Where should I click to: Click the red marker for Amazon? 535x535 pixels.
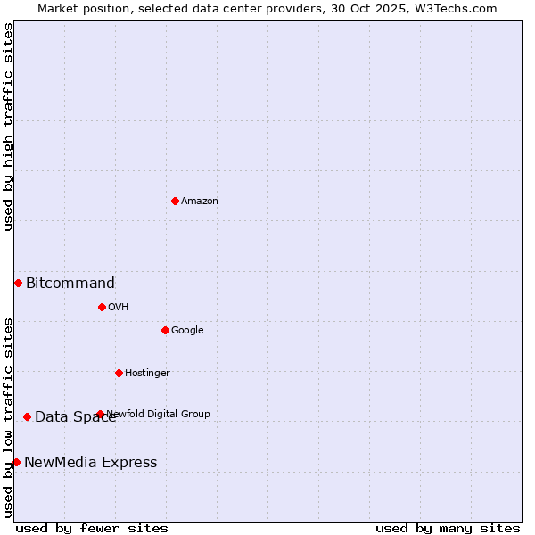(175, 201)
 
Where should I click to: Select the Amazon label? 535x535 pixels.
(200, 202)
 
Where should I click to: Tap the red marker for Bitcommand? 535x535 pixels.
(18, 283)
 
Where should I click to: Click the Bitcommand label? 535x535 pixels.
(70, 284)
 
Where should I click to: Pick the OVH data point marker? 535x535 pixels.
(102, 307)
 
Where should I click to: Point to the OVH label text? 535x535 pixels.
(119, 308)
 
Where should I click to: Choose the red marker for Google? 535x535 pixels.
(165, 330)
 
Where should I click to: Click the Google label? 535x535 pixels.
(187, 331)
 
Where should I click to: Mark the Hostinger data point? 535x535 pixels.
(119, 373)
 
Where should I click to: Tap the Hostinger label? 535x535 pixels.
(147, 374)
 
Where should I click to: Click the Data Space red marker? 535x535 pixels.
(27, 416)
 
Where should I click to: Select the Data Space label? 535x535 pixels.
(75, 417)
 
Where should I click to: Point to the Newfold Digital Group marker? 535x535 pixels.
(100, 414)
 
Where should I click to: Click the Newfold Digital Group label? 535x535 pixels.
(159, 414)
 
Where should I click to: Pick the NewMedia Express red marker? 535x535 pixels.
(16, 462)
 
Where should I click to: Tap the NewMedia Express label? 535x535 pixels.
(91, 463)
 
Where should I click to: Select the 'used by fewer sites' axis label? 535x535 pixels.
(92, 528)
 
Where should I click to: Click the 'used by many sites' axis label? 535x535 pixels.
(448, 528)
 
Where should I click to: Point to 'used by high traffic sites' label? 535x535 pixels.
(8, 127)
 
